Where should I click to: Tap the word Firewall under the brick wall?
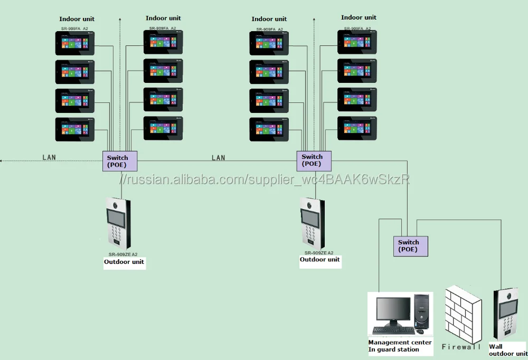(x=461, y=347)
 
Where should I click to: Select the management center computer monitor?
(x=392, y=311)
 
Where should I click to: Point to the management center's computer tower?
(x=421, y=312)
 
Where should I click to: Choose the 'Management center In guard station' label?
(x=400, y=346)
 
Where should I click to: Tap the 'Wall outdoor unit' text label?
(x=507, y=350)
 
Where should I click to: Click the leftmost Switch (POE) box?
(x=120, y=160)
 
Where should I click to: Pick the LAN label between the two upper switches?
(x=218, y=157)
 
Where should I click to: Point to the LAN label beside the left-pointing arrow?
(x=49, y=157)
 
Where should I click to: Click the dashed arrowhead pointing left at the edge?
(x=3, y=160)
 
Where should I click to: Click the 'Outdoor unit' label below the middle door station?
(x=319, y=260)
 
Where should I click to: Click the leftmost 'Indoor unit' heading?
(x=77, y=19)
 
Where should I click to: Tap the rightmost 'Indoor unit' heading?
(x=359, y=17)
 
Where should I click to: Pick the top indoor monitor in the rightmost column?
(x=357, y=41)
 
